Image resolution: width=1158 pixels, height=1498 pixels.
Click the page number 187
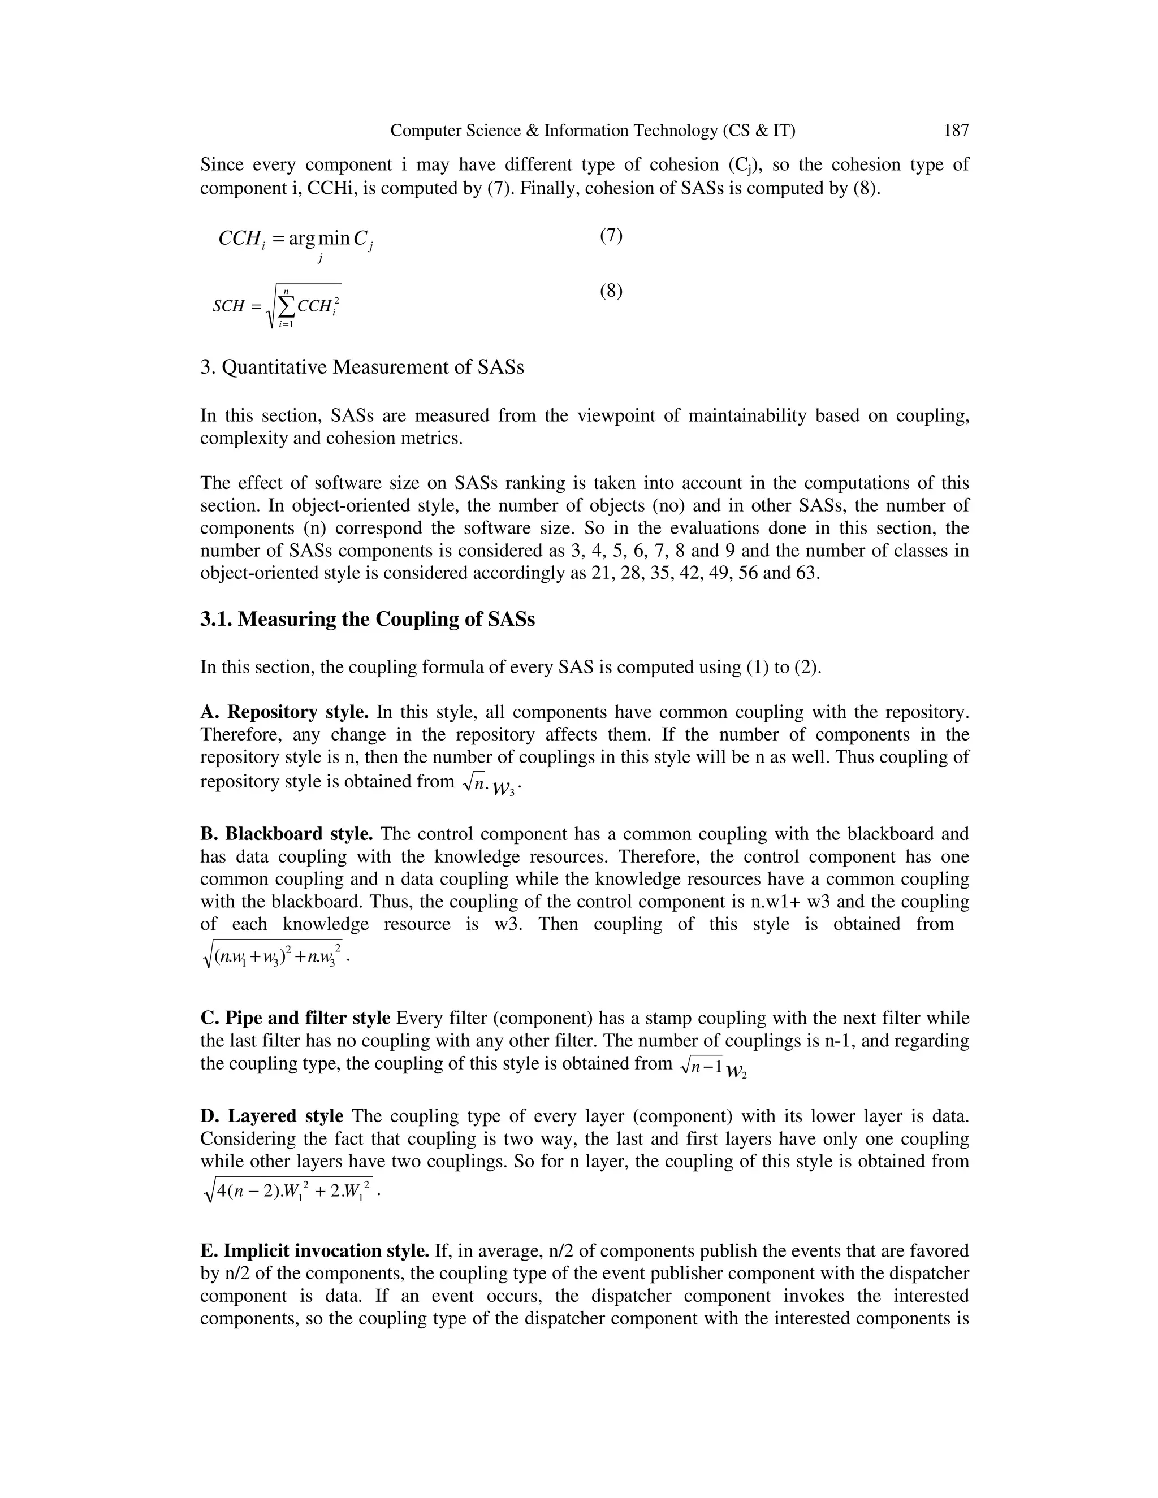(x=956, y=131)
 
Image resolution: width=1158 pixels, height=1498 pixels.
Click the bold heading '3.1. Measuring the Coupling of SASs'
(x=367, y=620)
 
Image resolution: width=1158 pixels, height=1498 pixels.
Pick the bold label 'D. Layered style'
(x=271, y=1116)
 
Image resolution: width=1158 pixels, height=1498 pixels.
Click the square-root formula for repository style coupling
(x=488, y=784)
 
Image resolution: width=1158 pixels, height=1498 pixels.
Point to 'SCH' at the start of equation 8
(x=228, y=306)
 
